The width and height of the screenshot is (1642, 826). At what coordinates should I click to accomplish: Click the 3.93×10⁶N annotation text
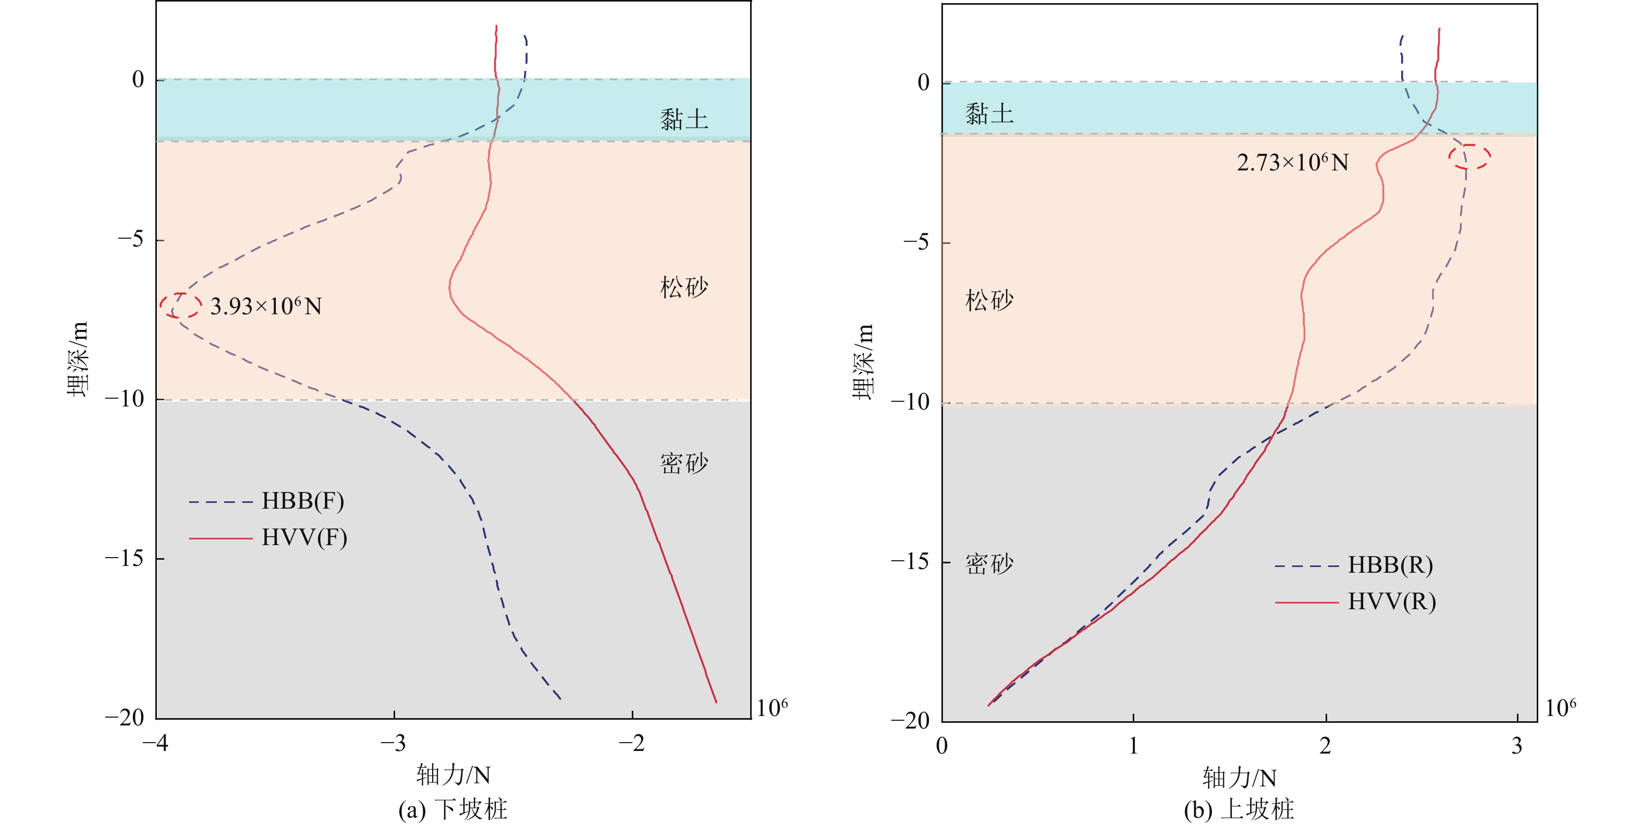[x=266, y=306]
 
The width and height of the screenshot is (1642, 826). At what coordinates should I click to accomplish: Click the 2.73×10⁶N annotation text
[x=1293, y=163]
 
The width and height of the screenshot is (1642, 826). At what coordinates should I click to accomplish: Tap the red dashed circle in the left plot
[x=180, y=305]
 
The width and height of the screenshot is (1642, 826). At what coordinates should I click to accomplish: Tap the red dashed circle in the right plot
[x=1469, y=157]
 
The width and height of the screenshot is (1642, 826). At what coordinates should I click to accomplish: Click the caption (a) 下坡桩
[x=452, y=809]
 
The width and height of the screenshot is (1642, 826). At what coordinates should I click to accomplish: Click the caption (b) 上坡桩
[x=1239, y=809]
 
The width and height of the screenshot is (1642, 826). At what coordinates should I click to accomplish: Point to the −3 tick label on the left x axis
[x=393, y=743]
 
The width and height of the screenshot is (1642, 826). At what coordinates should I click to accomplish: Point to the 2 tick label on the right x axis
[x=1325, y=746]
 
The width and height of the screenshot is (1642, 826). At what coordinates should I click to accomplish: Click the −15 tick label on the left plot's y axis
[x=125, y=558]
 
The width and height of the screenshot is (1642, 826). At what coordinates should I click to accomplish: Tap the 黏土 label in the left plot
[x=684, y=119]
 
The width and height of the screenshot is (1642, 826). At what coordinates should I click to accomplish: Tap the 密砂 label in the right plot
[x=989, y=564]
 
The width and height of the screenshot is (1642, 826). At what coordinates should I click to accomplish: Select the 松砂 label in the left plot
[x=684, y=288]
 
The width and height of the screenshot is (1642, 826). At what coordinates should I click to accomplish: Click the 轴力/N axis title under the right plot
[x=1239, y=778]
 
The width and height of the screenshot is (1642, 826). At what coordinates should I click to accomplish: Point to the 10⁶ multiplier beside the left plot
[x=772, y=708]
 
